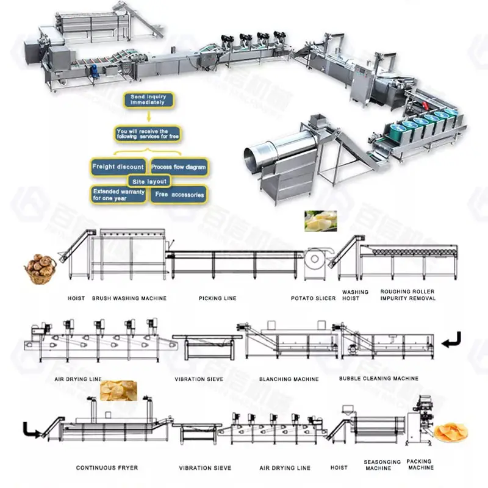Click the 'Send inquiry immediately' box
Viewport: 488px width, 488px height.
[x=147, y=100]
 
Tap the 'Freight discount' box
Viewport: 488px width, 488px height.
[x=118, y=167]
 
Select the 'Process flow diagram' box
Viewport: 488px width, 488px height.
[x=179, y=167]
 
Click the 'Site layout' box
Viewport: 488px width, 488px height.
[x=149, y=181]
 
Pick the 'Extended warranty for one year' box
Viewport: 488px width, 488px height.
[x=118, y=195]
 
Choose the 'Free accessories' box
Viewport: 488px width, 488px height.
[x=179, y=195]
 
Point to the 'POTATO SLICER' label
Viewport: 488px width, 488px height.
[x=314, y=298]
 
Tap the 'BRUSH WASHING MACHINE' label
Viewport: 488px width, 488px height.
[x=129, y=298]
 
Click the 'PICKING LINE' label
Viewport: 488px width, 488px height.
[x=217, y=298]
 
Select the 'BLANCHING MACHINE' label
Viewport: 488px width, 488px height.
[x=289, y=379]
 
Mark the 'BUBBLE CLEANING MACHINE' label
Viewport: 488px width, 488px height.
[x=379, y=378]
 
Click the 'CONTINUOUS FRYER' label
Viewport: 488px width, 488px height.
[x=107, y=468]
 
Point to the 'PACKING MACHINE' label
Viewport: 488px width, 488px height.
[x=420, y=465]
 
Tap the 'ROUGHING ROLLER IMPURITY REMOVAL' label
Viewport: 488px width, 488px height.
[x=408, y=295]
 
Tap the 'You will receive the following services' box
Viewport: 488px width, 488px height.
[x=149, y=134]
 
